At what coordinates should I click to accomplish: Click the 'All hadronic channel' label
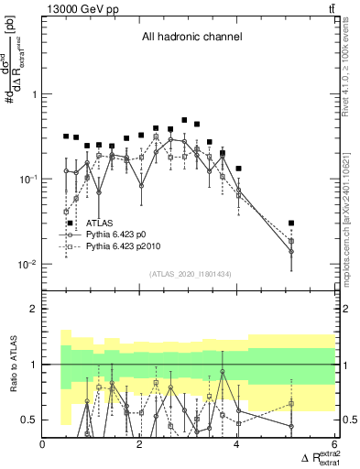(x=191, y=38)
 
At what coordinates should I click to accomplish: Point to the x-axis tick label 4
(x=236, y=445)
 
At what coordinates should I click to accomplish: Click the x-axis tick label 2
(x=139, y=445)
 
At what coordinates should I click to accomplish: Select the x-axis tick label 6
(x=333, y=445)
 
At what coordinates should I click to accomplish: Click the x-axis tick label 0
(x=43, y=445)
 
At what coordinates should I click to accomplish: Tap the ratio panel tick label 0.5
(x=29, y=420)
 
